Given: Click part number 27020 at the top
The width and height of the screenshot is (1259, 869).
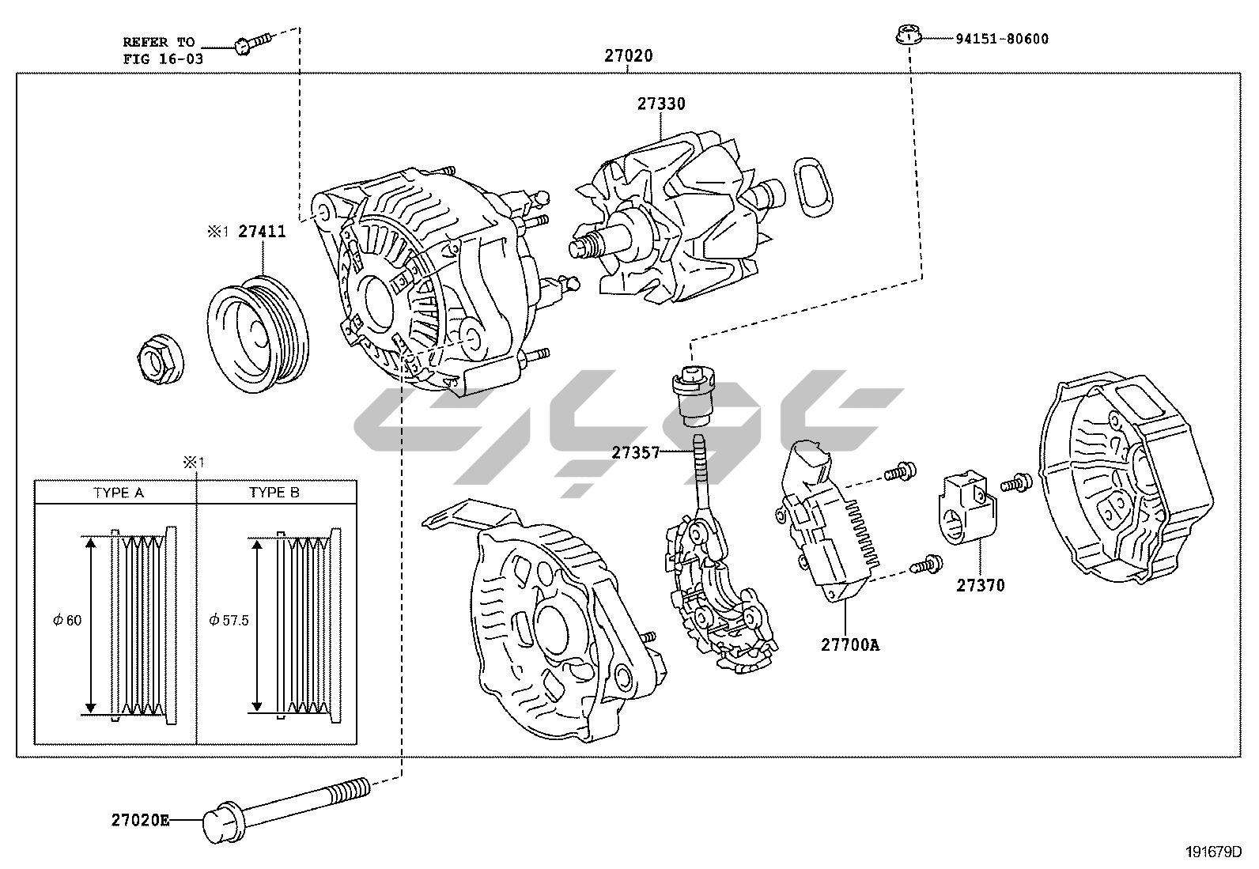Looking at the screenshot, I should tap(629, 56).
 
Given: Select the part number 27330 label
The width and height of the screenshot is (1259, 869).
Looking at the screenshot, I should tap(662, 104).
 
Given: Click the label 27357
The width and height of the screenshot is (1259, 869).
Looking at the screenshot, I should tap(635, 453).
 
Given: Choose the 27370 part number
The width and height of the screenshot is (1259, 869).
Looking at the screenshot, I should tap(980, 586).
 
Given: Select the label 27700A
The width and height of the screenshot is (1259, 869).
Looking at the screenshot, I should tap(849, 644).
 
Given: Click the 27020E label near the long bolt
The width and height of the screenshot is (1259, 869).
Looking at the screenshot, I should tap(140, 820).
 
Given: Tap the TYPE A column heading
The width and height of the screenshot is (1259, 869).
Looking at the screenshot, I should tap(118, 493).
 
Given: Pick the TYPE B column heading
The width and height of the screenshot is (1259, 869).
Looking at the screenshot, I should tap(274, 493).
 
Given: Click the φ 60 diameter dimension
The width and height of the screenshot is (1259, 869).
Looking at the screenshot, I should tap(67, 621).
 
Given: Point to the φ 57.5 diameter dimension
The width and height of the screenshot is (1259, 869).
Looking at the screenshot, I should tap(229, 621).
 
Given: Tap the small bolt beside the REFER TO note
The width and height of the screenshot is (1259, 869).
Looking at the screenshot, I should tap(251, 43).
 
